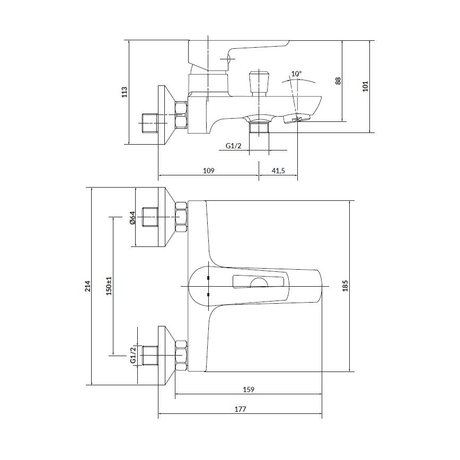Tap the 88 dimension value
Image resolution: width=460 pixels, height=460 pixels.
click(x=338, y=81)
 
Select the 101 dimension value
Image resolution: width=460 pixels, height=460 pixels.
click(x=365, y=86)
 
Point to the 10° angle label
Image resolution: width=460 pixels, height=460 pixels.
click(x=296, y=74)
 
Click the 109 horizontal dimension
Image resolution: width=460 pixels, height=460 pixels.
click(x=208, y=170)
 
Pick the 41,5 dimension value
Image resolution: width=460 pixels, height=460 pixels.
click(x=278, y=170)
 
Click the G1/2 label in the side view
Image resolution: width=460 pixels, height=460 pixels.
click(x=233, y=146)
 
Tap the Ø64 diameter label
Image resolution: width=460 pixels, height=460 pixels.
click(x=132, y=217)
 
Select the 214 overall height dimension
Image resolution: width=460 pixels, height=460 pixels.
click(x=87, y=286)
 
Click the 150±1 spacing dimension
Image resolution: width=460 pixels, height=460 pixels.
click(x=109, y=286)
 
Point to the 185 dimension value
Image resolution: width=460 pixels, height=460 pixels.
click(x=346, y=286)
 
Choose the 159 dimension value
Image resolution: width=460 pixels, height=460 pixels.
click(x=249, y=390)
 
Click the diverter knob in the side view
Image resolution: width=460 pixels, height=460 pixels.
click(x=258, y=81)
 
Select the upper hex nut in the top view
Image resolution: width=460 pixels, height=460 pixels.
click(x=181, y=217)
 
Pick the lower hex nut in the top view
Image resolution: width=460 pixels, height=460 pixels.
click(x=181, y=355)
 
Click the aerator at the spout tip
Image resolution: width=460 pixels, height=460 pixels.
click(x=297, y=118)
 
